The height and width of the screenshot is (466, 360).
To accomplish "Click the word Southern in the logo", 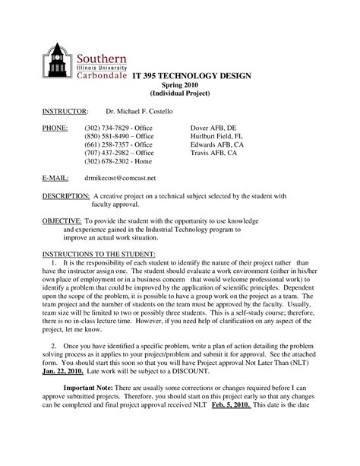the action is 100,58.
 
